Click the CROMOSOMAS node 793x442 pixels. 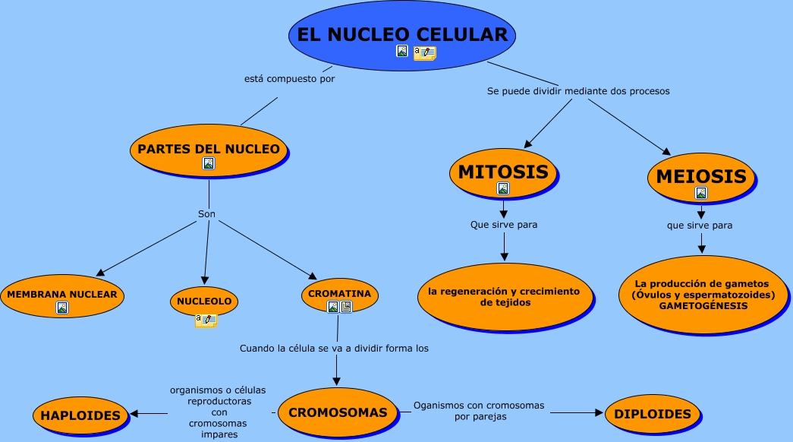point(338,413)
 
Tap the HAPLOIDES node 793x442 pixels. point(80,415)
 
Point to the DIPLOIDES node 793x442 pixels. point(653,414)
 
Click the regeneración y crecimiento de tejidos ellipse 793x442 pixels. point(503,296)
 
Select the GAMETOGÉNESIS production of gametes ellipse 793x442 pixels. point(703,295)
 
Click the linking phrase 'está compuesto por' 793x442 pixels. point(289,78)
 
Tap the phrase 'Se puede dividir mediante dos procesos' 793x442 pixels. point(578,91)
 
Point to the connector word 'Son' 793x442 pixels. point(207,214)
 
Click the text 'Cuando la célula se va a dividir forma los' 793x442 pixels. point(334,349)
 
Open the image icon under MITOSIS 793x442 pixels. point(502,188)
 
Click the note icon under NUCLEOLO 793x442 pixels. point(206,320)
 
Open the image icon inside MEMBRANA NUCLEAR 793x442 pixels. point(62,308)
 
